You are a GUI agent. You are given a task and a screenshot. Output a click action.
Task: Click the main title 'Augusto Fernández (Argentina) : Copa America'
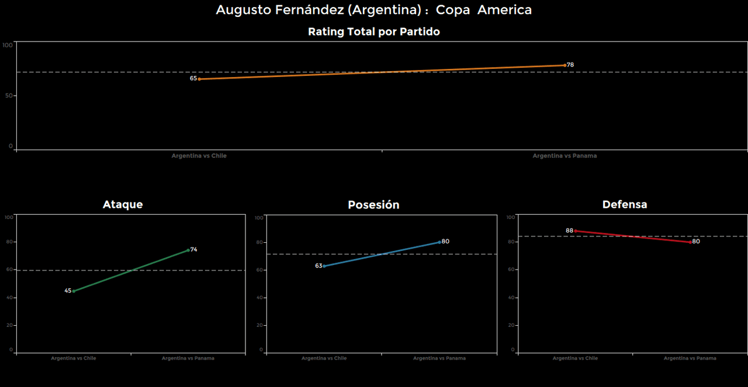pyautogui.click(x=374, y=10)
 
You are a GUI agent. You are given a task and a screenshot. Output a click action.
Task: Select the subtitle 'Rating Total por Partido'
pyautogui.click(x=374, y=32)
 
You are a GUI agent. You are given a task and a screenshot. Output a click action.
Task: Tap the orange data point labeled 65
pyautogui.click(x=199, y=79)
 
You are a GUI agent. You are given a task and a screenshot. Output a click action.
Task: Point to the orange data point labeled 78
pyautogui.click(x=565, y=65)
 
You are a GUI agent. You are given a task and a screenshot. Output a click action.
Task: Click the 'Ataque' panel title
pyautogui.click(x=123, y=204)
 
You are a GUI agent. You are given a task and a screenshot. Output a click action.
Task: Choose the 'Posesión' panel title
pyautogui.click(x=373, y=205)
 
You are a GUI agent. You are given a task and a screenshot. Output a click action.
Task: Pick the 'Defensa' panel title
pyautogui.click(x=625, y=204)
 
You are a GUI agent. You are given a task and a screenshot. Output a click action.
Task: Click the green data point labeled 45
pyautogui.click(x=74, y=291)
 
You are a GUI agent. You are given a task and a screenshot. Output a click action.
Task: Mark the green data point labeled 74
pyautogui.click(x=188, y=250)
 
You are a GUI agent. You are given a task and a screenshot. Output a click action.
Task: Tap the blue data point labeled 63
pyautogui.click(x=324, y=266)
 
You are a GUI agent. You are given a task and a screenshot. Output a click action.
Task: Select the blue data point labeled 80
pyautogui.click(x=439, y=242)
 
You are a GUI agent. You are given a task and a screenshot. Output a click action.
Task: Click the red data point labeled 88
pyautogui.click(x=576, y=231)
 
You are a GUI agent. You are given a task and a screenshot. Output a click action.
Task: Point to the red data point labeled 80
pyautogui.click(x=690, y=242)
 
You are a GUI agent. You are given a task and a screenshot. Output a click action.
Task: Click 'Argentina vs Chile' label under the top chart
pyautogui.click(x=199, y=156)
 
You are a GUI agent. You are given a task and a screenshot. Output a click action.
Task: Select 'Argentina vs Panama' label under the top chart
pyautogui.click(x=565, y=156)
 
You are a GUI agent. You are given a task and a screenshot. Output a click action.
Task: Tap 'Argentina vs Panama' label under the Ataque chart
pyautogui.click(x=188, y=358)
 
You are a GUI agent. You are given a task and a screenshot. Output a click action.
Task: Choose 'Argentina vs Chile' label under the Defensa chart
pyautogui.click(x=575, y=358)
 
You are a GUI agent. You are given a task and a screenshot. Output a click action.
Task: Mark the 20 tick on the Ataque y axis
pyautogui.click(x=9, y=325)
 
